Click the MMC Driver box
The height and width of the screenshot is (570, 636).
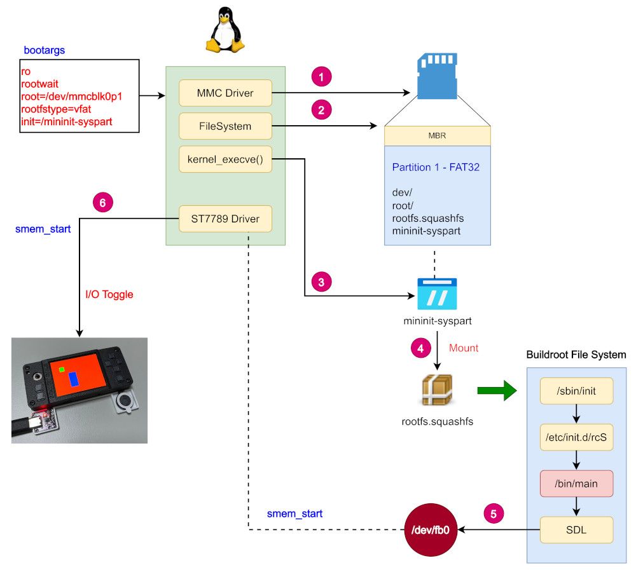click(x=225, y=93)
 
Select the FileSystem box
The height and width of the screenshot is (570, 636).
click(x=225, y=126)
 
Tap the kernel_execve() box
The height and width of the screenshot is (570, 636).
click(x=225, y=159)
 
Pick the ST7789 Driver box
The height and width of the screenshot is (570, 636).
click(x=225, y=219)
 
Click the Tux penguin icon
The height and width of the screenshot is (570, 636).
click(x=225, y=30)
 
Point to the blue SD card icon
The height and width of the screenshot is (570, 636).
click(x=438, y=76)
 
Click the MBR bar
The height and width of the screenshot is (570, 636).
click(x=438, y=136)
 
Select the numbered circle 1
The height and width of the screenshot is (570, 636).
click(x=321, y=77)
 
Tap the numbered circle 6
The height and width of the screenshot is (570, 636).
click(x=102, y=202)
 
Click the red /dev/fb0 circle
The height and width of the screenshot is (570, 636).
click(x=431, y=530)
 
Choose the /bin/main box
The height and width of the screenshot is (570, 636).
click(x=576, y=484)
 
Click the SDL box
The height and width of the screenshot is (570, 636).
click(x=576, y=530)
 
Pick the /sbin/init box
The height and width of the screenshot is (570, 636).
click(x=576, y=391)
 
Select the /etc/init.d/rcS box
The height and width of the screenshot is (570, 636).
click(x=576, y=437)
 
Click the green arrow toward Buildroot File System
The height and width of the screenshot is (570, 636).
click(x=497, y=390)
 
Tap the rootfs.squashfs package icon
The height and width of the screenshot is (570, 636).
click(x=438, y=390)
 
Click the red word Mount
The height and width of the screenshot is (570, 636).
click(x=464, y=348)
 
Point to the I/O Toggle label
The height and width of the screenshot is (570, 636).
click(x=109, y=294)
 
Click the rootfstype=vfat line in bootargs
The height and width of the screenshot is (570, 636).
click(x=56, y=109)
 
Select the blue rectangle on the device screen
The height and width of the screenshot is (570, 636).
click(x=74, y=379)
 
